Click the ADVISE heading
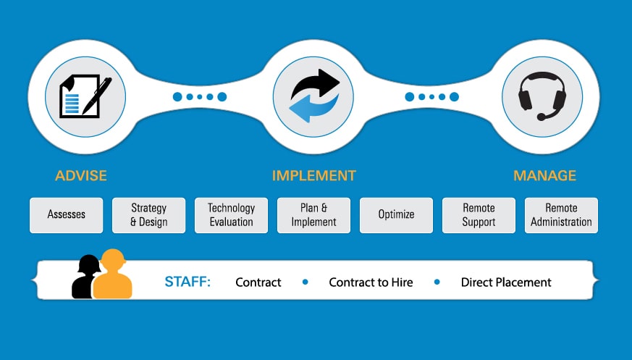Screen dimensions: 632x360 point(81,175)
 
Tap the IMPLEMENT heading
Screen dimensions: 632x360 point(314,175)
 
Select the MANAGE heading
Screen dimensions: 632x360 point(544,175)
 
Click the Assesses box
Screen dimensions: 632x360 point(66,215)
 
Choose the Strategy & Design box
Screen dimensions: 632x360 point(148,215)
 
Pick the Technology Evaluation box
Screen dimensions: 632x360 point(231,215)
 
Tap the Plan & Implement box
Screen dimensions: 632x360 point(313,215)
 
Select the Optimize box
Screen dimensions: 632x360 point(396,215)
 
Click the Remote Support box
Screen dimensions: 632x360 point(479,215)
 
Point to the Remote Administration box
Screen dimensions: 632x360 point(561,215)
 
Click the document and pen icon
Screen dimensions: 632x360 point(85,96)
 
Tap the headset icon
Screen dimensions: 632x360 point(542,96)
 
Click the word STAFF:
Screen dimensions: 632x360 point(188,281)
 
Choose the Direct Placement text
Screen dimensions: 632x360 point(506,282)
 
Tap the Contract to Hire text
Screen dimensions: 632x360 point(371,282)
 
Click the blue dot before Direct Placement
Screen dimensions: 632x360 point(437,282)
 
